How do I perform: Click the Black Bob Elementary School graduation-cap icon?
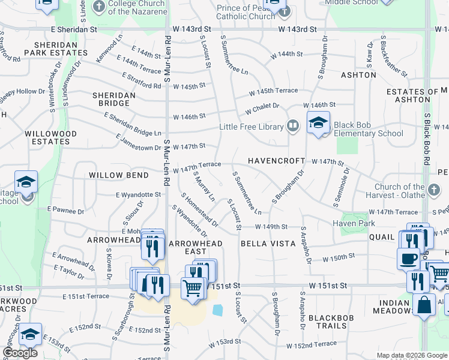[318, 124]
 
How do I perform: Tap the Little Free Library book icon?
[293, 126]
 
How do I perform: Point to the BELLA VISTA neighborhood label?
[268, 244]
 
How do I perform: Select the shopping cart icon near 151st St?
[193, 289]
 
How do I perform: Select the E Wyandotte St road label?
[138, 194]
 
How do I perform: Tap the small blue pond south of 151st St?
[217, 310]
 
